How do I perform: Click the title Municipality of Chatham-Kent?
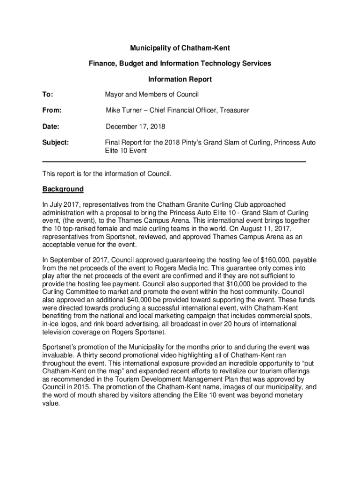(180, 48)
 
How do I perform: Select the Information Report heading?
(180, 79)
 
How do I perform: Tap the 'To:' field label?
(48, 94)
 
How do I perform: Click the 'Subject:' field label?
(56, 142)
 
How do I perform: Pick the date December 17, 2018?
(135, 126)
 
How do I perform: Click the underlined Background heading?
(63, 189)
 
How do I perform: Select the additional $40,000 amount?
(140, 300)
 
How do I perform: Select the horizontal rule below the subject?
(174, 161)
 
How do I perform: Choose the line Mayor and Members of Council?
(152, 94)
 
